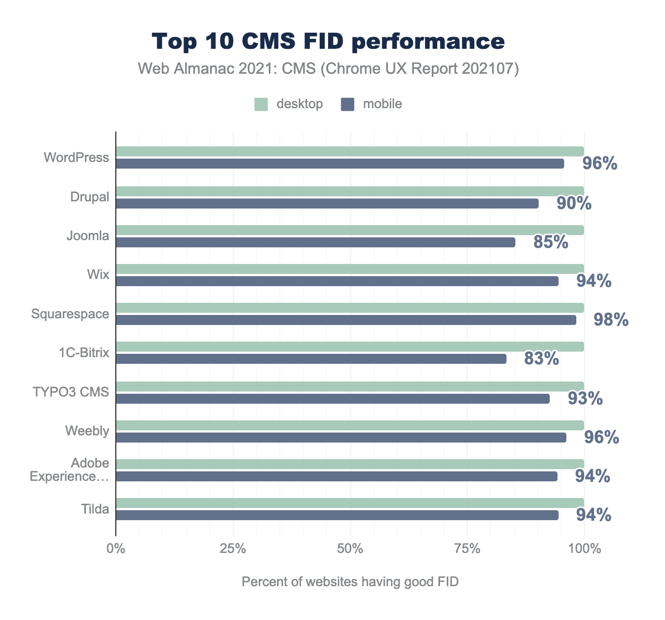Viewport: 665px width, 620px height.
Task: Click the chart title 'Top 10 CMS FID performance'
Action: (x=328, y=42)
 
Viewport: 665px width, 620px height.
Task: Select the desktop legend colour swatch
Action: (x=261, y=104)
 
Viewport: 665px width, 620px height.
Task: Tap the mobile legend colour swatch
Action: (x=347, y=104)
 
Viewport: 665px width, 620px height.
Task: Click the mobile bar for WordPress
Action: (x=340, y=164)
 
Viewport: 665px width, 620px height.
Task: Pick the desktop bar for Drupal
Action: (x=350, y=191)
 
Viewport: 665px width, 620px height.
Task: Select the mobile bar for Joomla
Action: (x=315, y=242)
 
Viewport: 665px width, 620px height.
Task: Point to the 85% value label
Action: (x=551, y=242)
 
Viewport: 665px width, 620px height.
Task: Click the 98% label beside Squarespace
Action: (x=611, y=319)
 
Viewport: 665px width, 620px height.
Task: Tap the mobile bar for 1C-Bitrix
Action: (x=311, y=359)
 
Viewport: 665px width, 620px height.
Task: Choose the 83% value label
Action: (x=541, y=359)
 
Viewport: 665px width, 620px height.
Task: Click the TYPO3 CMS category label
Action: (x=71, y=392)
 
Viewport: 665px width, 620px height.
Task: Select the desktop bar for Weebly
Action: (x=350, y=425)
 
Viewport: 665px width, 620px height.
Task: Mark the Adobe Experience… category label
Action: (x=69, y=470)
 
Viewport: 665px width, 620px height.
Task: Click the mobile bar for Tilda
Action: (x=337, y=515)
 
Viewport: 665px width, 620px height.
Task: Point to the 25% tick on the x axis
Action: (x=233, y=549)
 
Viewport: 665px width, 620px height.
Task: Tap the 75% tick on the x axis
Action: (x=467, y=549)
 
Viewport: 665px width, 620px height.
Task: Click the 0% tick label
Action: (x=116, y=549)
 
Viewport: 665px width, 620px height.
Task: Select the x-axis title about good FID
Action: (x=350, y=582)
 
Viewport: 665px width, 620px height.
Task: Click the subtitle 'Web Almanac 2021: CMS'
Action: (x=328, y=69)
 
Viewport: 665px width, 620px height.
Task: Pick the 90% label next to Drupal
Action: (x=574, y=203)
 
